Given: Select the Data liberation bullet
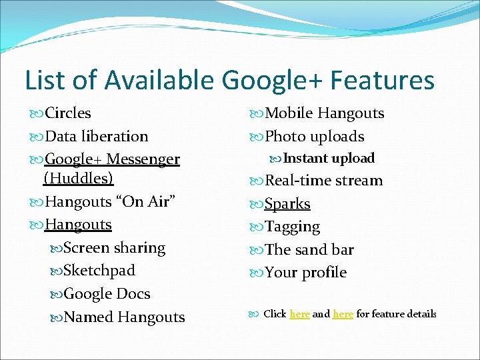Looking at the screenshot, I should tap(96, 137).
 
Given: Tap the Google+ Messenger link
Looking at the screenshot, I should tap(112, 159).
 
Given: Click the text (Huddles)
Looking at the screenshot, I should tap(78, 178).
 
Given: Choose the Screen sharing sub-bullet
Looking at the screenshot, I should tap(114, 248).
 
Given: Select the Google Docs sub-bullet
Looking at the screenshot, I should tap(107, 294).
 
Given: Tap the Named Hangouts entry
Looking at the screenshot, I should tap(124, 317).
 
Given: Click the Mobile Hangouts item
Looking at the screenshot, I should tap(325, 113).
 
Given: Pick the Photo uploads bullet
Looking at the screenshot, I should tap(315, 137).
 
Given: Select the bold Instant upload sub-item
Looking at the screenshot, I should tap(329, 159).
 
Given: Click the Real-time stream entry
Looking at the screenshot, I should tap(324, 181).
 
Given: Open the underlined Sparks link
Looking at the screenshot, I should tap(287, 204).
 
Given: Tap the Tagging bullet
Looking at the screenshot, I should tap(293, 227).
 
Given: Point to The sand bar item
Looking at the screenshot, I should tap(309, 250).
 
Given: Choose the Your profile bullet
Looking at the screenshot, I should tap(306, 273).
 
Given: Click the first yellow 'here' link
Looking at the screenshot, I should tap(299, 314).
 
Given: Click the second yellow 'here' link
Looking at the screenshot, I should tap(343, 314).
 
